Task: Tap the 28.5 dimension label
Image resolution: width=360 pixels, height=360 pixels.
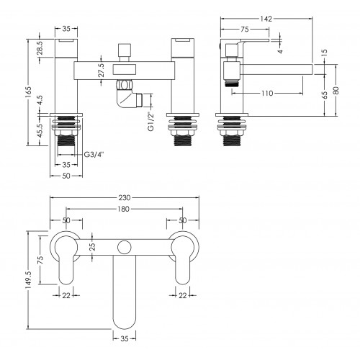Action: [x=40, y=48]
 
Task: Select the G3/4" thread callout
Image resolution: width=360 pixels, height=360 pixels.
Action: [x=94, y=155]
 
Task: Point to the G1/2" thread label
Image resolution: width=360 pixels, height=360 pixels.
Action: [x=150, y=122]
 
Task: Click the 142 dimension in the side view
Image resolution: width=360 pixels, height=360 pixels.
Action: [x=266, y=19]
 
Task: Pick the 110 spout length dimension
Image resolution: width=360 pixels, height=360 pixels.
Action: [x=267, y=93]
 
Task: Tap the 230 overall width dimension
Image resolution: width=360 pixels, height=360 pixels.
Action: [x=125, y=197]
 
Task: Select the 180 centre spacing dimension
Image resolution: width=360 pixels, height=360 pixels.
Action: [x=124, y=209]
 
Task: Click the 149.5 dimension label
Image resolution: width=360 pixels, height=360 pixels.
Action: [x=28, y=278]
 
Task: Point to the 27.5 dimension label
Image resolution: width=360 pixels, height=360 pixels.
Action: [x=102, y=70]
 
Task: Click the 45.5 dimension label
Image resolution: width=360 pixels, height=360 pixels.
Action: [x=40, y=130]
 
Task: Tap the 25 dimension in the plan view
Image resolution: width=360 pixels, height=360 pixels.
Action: [x=93, y=246]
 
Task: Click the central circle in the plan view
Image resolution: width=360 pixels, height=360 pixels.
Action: [x=125, y=247]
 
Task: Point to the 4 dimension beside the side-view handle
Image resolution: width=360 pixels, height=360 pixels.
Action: [x=280, y=51]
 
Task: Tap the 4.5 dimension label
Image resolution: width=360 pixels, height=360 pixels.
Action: [x=40, y=100]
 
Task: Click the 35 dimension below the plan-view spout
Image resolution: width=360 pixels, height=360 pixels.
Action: [x=125, y=338]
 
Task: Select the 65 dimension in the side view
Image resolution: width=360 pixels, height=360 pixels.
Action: [x=324, y=95]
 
